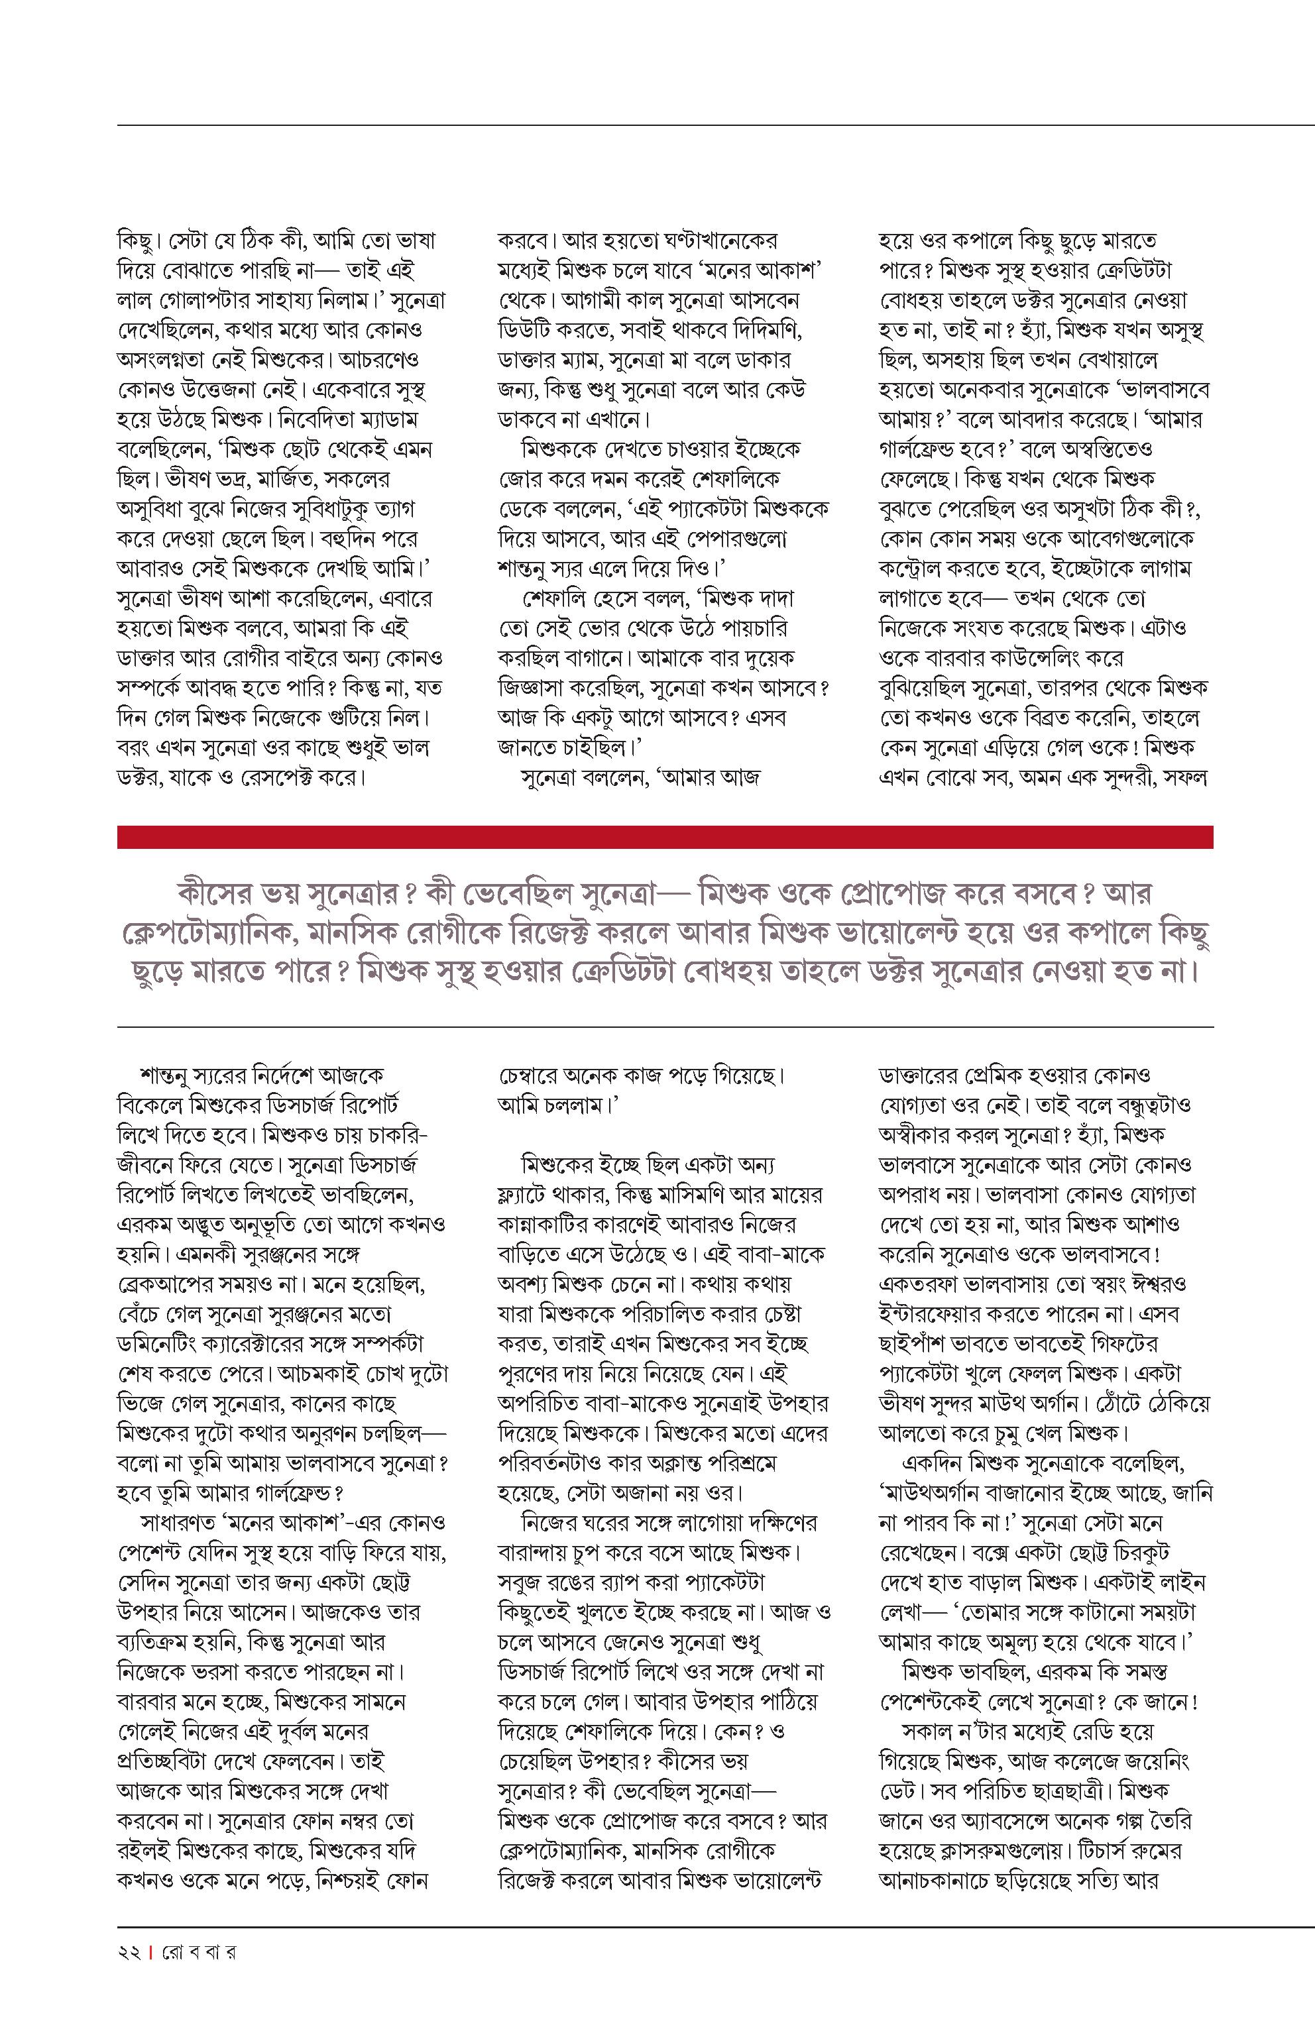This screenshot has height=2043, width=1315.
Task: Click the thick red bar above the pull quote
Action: pyautogui.click(x=664, y=837)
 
